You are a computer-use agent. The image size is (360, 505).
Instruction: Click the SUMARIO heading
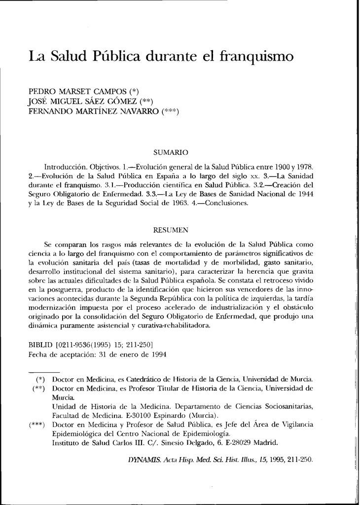tap(169, 152)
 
